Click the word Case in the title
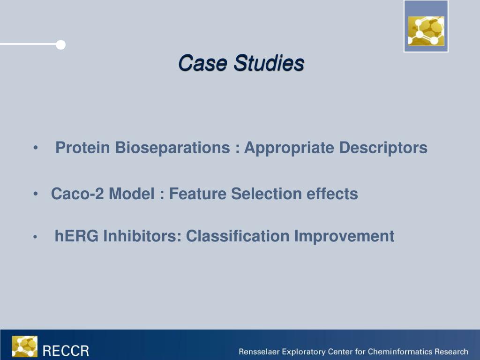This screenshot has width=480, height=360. tap(202, 63)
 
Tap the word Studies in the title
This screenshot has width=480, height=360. tap(269, 63)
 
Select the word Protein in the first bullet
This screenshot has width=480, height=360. tap(82, 148)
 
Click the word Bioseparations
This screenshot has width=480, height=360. tap(172, 148)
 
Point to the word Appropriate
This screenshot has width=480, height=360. tap(289, 148)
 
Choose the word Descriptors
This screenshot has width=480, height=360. tap(383, 148)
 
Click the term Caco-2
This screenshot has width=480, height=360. tap(77, 194)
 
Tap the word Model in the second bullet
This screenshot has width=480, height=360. tap(132, 194)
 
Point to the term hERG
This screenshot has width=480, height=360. tap(76, 236)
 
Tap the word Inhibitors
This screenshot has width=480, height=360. tap(142, 236)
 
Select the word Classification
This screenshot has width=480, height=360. tap(238, 236)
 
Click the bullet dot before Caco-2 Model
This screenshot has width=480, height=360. tap(36, 194)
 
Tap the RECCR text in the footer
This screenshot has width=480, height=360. tap(66, 351)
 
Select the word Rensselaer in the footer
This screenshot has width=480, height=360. tap(259, 352)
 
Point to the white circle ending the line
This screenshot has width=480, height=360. tap(60, 45)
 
